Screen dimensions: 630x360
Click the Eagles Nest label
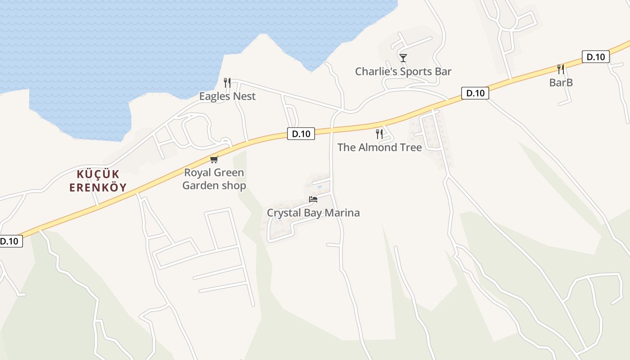point(227,96)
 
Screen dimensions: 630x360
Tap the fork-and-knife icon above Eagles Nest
point(227,83)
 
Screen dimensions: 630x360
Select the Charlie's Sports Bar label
point(403,72)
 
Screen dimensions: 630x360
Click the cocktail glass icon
point(403,58)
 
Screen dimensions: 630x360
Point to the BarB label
point(561,83)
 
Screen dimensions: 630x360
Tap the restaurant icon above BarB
point(561,69)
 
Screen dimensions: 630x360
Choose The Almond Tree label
point(379,148)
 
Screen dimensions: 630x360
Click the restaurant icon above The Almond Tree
point(379,134)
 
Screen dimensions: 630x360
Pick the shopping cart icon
point(214,159)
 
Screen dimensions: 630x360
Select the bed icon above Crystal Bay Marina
point(313,199)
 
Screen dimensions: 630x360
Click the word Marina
point(344,213)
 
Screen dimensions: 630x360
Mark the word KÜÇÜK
point(98,174)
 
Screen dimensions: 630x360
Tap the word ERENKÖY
point(98,187)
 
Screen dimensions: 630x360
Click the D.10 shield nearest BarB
point(596,57)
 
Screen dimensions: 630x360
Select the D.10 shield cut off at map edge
point(9,241)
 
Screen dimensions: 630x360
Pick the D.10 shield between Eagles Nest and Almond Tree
point(301,134)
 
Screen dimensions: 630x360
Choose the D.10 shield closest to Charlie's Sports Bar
point(475,94)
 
